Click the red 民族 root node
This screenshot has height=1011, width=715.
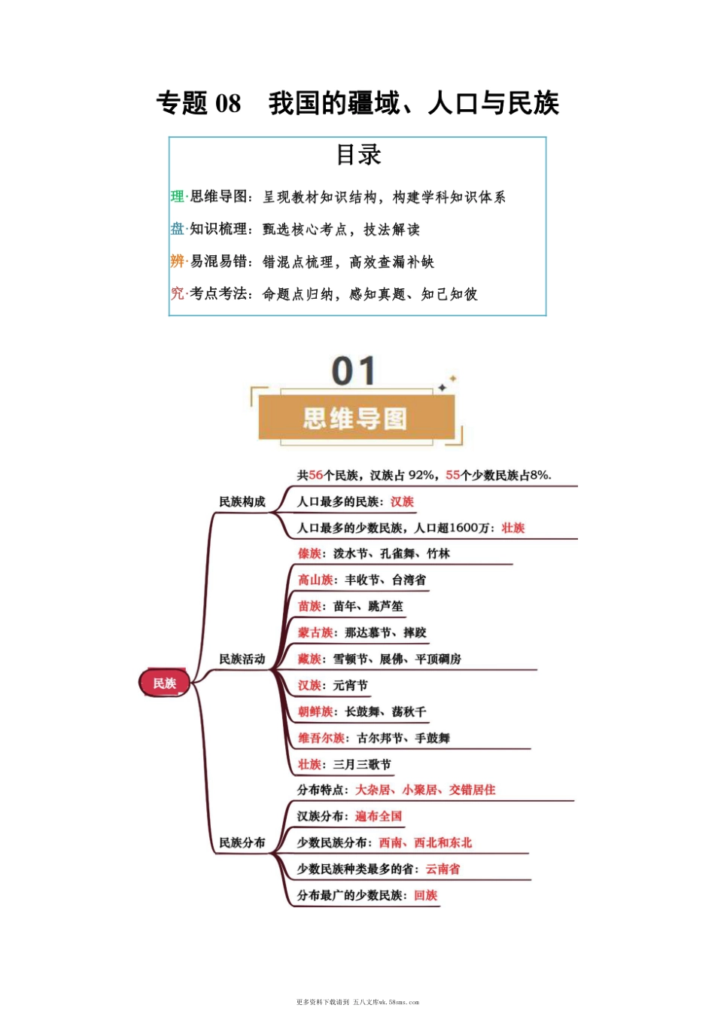coord(164,683)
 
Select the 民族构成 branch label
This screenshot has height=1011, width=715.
coord(242,501)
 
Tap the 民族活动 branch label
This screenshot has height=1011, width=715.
coord(242,659)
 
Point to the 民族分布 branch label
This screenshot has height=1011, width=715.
coord(242,842)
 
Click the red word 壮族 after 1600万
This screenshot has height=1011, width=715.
coord(513,528)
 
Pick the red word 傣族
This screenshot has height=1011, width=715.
coord(309,553)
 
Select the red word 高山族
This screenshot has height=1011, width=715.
coord(315,580)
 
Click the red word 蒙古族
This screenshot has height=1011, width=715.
coord(315,632)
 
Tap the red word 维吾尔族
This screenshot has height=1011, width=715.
coord(321,738)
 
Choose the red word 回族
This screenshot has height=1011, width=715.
coord(425,895)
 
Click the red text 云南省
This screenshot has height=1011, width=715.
coord(443,869)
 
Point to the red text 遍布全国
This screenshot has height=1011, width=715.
coord(379,816)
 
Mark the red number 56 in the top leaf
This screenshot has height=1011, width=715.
coord(315,475)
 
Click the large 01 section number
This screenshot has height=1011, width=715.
coord(353,371)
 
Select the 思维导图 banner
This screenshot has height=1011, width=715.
coord(354,419)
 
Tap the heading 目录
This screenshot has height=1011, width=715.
coord(358,155)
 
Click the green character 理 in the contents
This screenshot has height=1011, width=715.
coord(178,196)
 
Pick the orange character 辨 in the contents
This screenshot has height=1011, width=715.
coord(178,261)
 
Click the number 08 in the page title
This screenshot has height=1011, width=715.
coord(227,103)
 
